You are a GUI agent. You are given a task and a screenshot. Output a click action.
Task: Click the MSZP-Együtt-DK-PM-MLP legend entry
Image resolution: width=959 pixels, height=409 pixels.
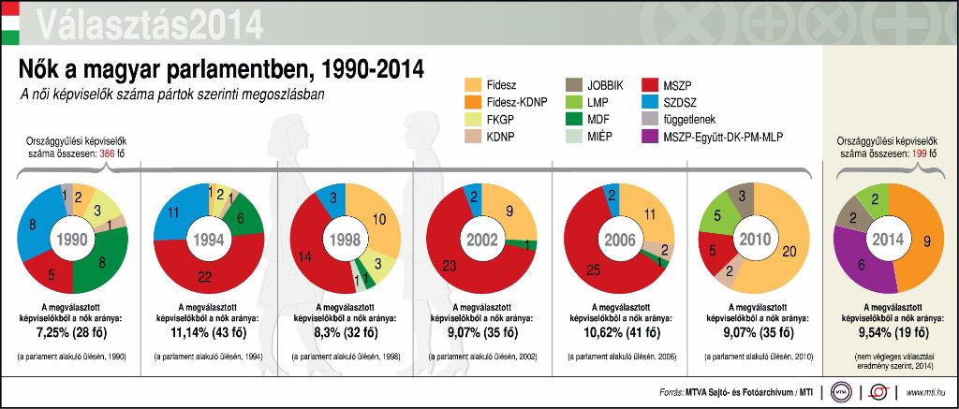727,137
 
